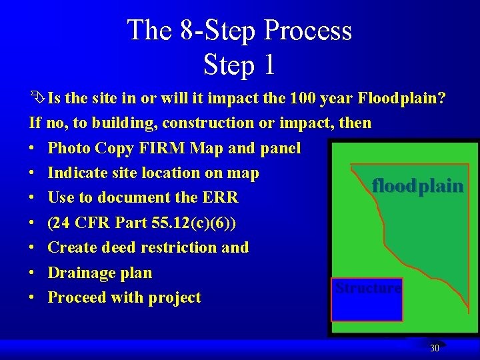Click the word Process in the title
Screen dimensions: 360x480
point(307,31)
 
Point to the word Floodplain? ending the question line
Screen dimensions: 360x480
point(402,99)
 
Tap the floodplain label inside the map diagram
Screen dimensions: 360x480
point(417,186)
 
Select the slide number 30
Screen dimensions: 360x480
point(435,348)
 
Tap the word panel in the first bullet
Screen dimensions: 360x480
point(283,148)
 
